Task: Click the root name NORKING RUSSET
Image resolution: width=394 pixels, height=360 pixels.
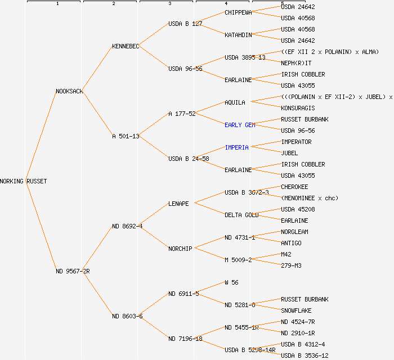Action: pyautogui.click(x=24, y=181)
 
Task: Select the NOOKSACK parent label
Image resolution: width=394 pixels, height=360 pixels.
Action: pyautogui.click(x=69, y=91)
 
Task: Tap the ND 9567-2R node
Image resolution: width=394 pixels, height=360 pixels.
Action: pyautogui.click(x=73, y=271)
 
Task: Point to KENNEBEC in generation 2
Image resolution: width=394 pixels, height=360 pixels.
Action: pyautogui.click(x=126, y=46)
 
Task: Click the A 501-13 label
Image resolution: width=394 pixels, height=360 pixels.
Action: pyautogui.click(x=126, y=136)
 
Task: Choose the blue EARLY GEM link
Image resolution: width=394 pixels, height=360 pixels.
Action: pyautogui.click(x=240, y=125)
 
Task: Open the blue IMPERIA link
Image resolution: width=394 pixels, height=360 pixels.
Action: pyautogui.click(x=236, y=147)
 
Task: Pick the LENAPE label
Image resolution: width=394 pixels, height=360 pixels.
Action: pyautogui.click(x=178, y=204)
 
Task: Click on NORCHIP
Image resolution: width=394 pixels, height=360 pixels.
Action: pyautogui.click(x=180, y=249)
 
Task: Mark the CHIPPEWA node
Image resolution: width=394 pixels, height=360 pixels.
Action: pyautogui.click(x=238, y=12)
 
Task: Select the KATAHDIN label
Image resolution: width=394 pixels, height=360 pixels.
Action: pyautogui.click(x=238, y=35)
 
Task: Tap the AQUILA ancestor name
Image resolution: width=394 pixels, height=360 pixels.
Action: pyautogui.click(x=235, y=102)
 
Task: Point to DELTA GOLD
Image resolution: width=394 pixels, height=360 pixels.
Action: pyautogui.click(x=241, y=215)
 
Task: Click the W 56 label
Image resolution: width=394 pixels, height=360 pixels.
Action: pyautogui.click(x=231, y=282)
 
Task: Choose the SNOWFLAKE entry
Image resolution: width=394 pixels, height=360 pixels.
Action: pyautogui.click(x=296, y=310)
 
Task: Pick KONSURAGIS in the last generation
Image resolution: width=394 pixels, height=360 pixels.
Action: pyautogui.click(x=298, y=108)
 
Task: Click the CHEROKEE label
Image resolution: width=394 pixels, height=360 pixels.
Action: pyautogui.click(x=294, y=187)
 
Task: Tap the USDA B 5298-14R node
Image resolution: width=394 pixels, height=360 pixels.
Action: pyautogui.click(x=250, y=350)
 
